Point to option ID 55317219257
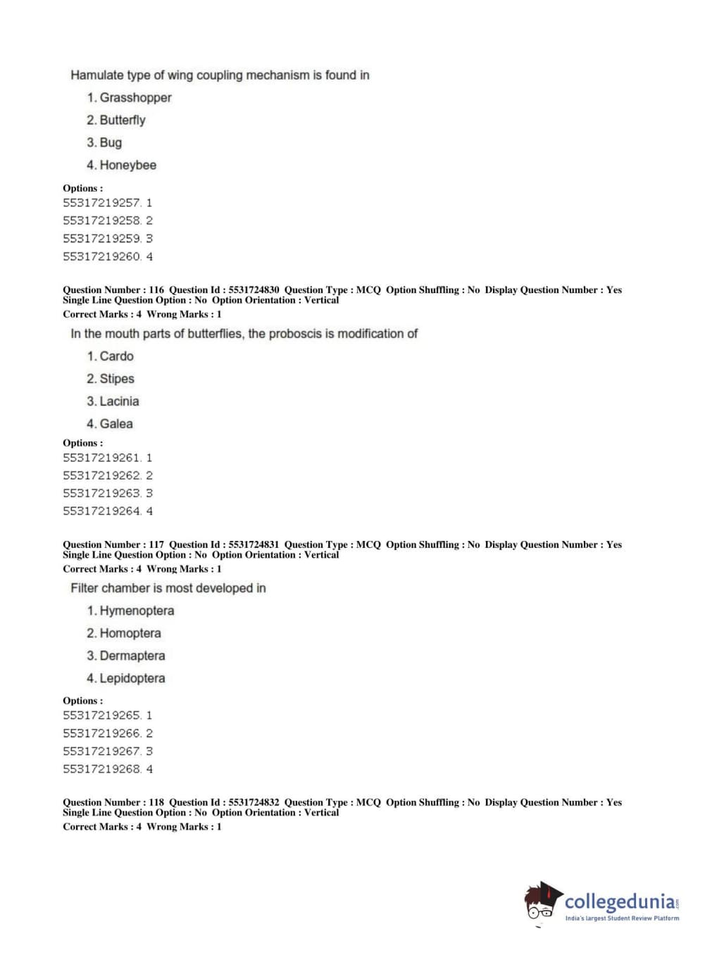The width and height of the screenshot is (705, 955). pyautogui.click(x=102, y=203)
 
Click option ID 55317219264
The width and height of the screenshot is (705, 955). pyautogui.click(x=102, y=511)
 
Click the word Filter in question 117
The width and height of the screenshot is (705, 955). pyautogui.click(x=85, y=588)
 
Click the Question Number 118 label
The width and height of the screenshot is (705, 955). pyautogui.click(x=113, y=803)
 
